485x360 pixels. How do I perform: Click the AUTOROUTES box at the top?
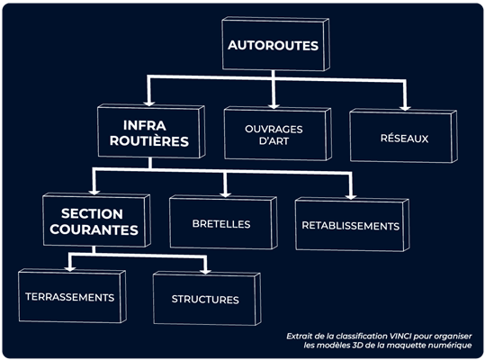275,44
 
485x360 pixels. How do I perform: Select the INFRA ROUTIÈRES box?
151,131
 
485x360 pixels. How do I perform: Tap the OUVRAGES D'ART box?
277,133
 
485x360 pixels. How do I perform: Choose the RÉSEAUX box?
403,136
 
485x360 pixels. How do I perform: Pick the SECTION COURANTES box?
96,220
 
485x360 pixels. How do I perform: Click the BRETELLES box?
223,222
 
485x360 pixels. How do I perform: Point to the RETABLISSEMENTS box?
353,224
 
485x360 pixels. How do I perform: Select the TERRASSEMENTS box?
72,296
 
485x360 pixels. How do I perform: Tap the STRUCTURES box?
207,299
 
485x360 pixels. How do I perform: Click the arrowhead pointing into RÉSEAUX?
405,108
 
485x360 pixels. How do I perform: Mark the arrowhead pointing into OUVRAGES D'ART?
274,106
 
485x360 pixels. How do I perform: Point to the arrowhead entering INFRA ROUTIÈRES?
149,103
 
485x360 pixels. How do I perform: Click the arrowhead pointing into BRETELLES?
226,194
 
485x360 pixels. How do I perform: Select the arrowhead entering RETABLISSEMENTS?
351,196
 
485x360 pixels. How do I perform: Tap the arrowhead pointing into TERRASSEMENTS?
70,268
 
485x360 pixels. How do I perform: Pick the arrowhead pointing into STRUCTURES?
205,271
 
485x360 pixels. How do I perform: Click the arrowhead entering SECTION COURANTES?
94,192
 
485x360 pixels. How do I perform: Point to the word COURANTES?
94,229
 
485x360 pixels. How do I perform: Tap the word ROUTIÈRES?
149,141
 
